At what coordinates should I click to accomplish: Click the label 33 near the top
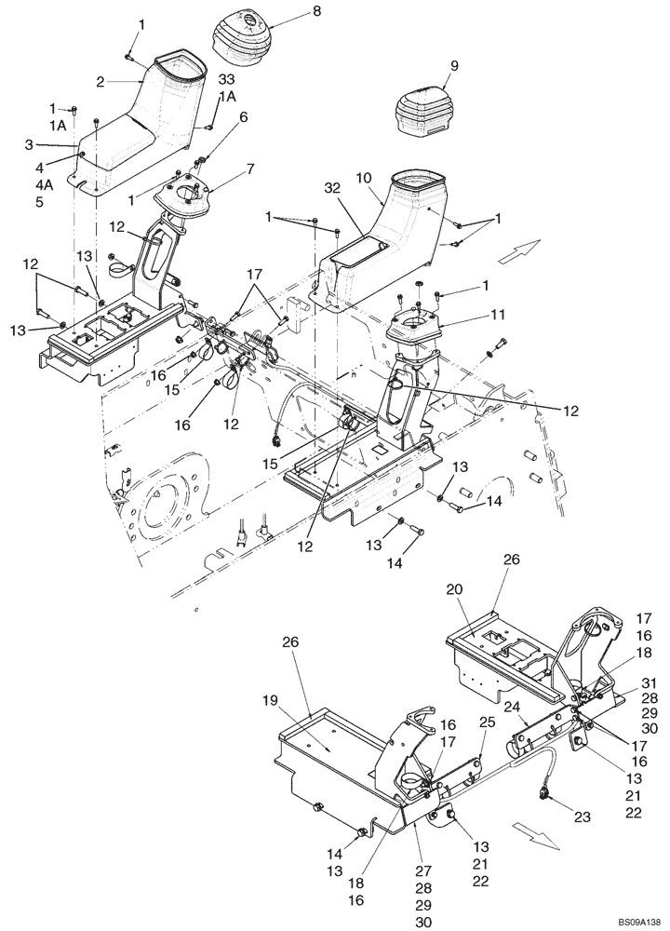(226, 81)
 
